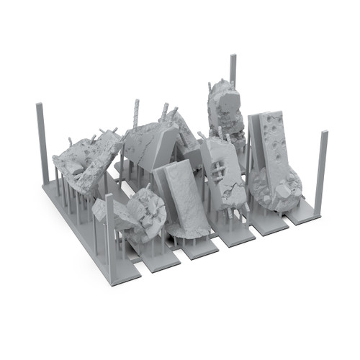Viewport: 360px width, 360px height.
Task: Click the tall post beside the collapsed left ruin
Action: pos(40,144)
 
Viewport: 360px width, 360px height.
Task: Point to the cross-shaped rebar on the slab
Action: pos(216,168)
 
